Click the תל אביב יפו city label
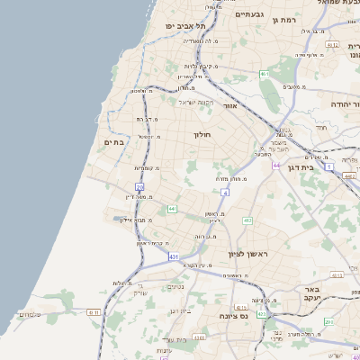181,26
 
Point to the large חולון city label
201,135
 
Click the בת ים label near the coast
114,142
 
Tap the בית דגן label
306,167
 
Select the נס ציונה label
233,317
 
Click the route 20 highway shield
139,186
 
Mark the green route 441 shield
171,209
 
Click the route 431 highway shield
173,256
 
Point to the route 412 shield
247,220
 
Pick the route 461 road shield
264,74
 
